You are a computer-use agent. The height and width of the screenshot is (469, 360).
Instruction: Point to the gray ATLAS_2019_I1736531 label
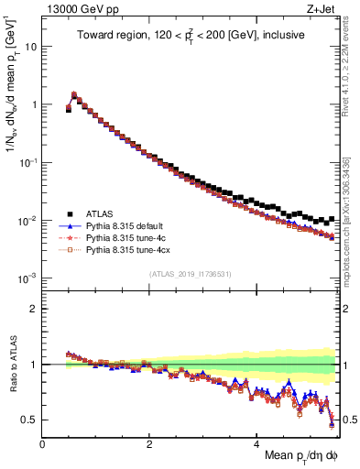pos(191,273)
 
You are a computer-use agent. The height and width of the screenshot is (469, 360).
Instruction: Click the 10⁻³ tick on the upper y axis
pos(27,278)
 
